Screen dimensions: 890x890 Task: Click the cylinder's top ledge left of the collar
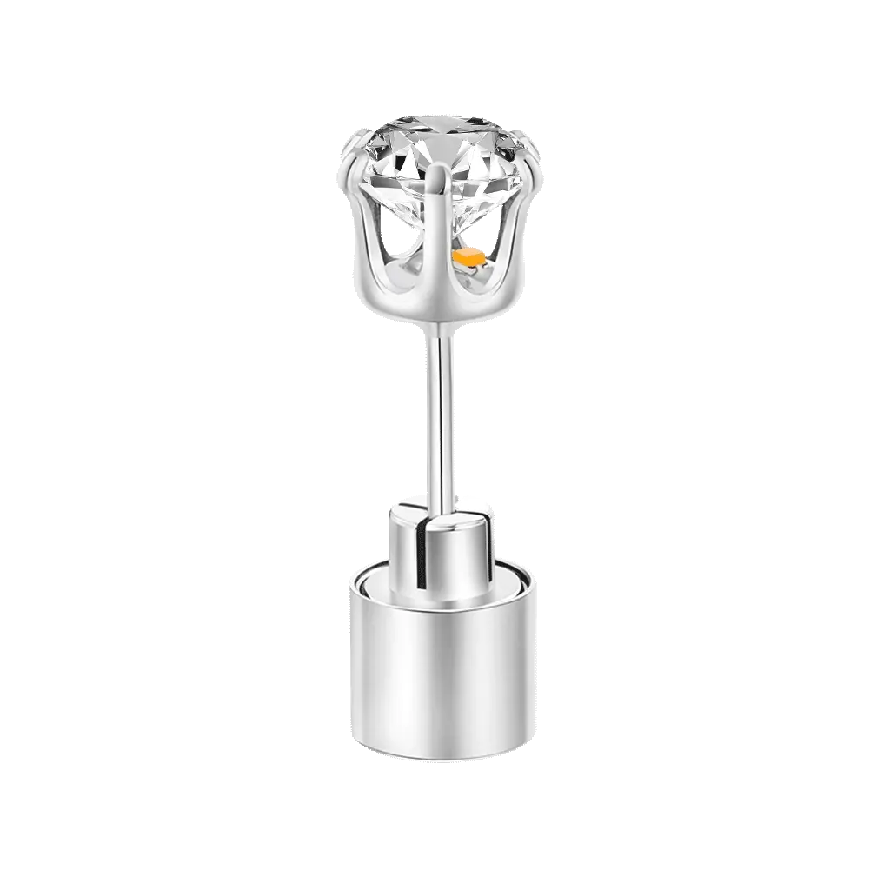point(367,574)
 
